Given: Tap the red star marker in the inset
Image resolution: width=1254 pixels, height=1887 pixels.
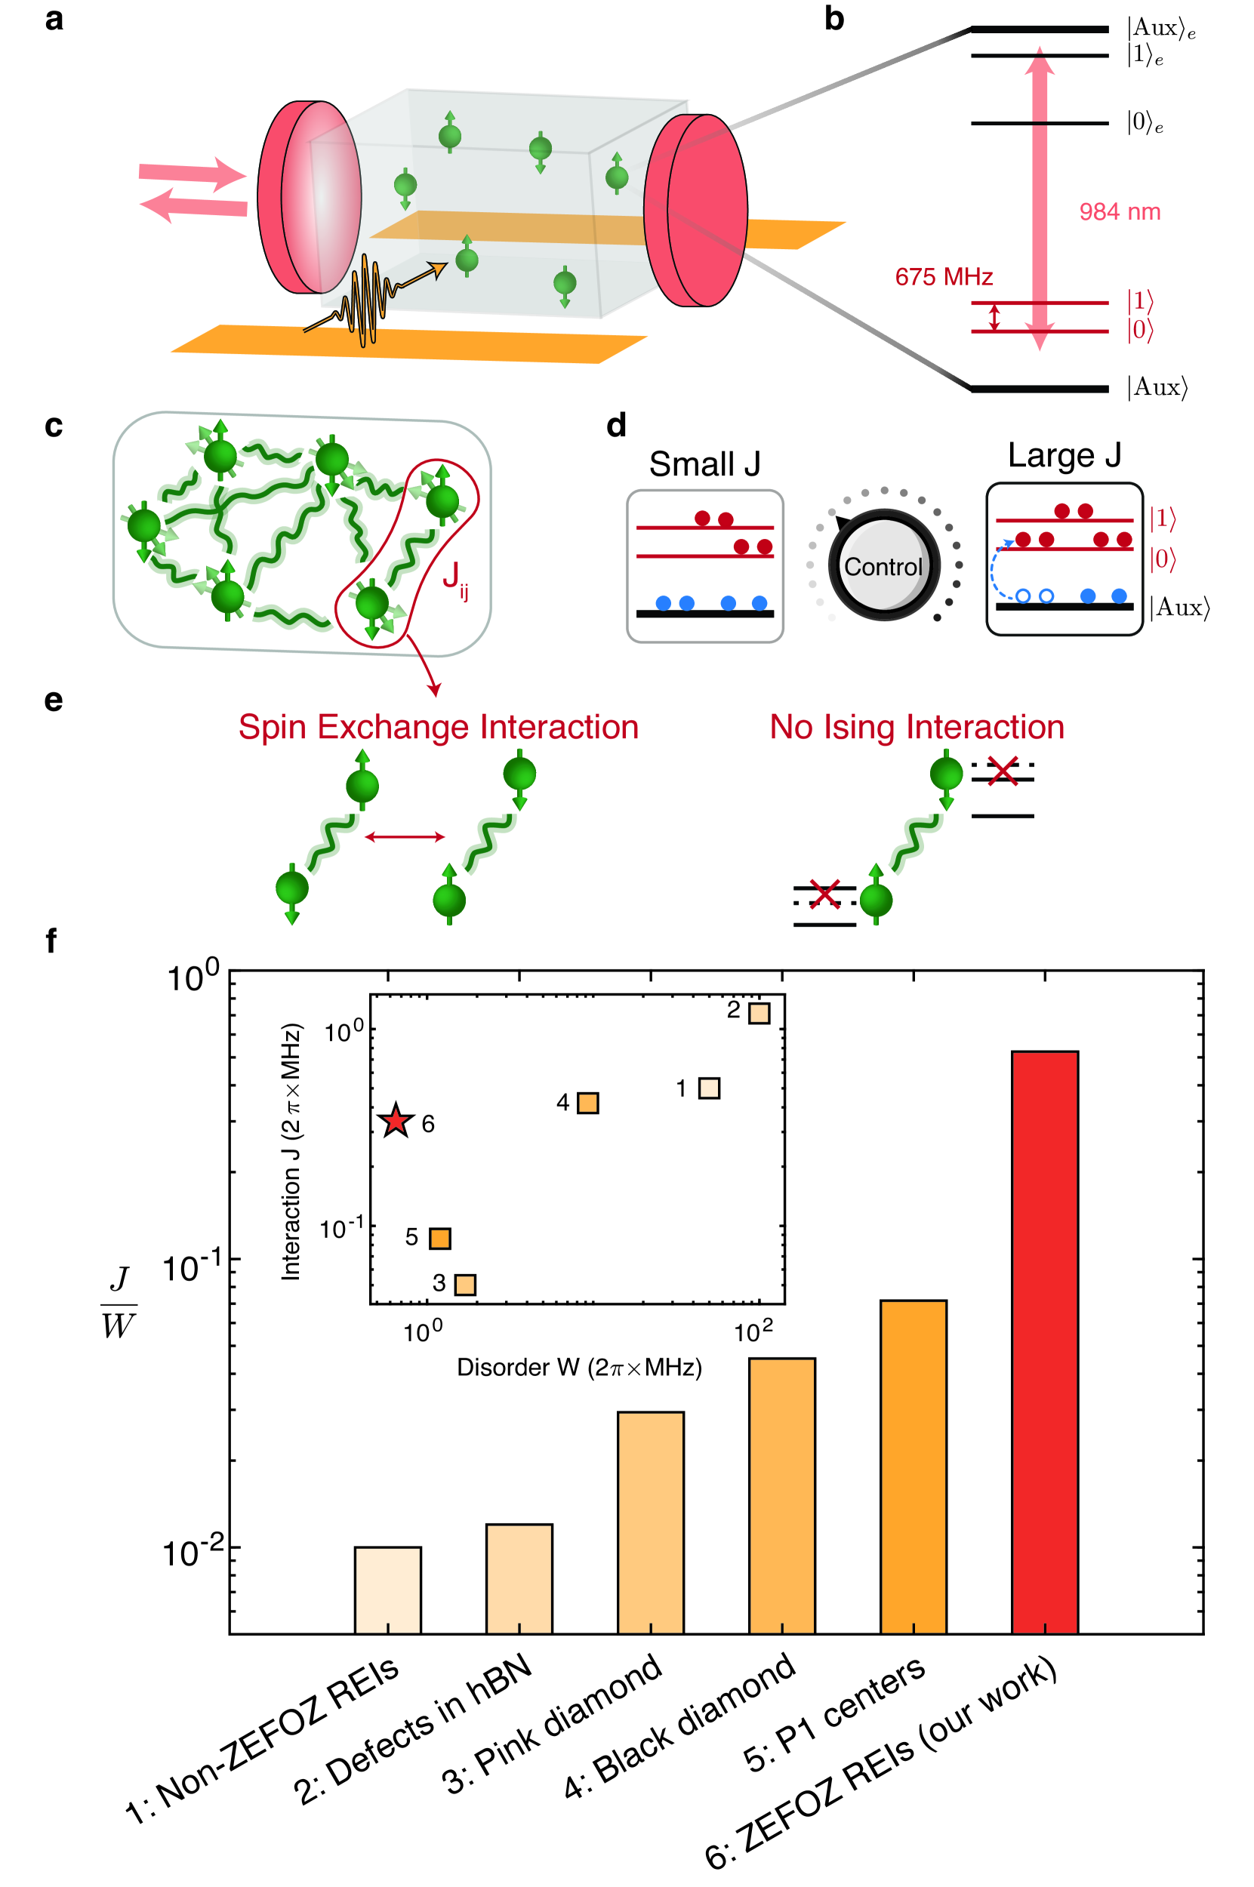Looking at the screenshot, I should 396,1121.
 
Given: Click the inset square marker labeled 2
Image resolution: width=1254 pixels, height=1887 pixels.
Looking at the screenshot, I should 759,1013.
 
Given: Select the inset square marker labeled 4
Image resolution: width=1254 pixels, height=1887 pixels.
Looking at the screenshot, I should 588,1104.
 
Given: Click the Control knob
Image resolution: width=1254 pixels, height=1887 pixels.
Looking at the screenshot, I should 884,565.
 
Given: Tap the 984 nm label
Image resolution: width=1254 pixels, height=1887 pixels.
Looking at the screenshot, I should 1120,212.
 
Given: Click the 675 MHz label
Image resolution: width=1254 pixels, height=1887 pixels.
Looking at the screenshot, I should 944,277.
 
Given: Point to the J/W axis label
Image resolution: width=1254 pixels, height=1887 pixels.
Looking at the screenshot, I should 119,1303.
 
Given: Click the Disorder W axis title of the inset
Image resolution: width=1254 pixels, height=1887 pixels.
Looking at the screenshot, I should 579,1367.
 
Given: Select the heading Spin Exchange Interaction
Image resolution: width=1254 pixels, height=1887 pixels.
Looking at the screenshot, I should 439,727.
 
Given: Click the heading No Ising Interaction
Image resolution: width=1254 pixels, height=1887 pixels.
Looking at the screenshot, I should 917,727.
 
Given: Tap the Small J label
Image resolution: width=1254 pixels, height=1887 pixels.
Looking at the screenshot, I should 704,463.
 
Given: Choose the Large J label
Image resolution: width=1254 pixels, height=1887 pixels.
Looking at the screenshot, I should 1064,455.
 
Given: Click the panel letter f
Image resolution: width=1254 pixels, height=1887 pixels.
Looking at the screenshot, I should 51,941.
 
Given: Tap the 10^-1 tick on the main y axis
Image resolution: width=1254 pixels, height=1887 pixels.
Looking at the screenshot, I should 192,1269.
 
